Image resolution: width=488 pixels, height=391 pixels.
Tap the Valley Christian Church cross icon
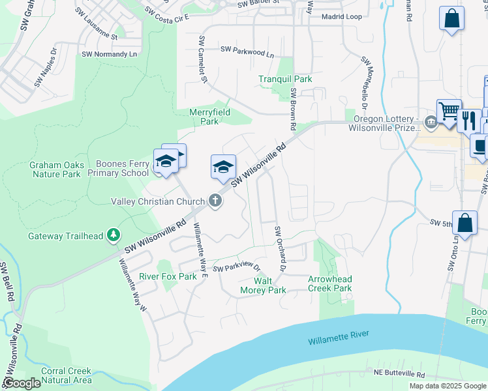click(x=216, y=202)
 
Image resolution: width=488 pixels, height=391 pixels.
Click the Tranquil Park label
click(x=285, y=79)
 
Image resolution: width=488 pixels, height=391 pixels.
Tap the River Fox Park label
click(x=168, y=276)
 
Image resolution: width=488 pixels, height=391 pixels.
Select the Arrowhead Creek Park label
click(x=329, y=283)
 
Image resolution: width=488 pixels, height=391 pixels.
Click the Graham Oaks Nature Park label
click(x=56, y=169)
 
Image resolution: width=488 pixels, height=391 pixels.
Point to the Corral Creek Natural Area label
click(x=66, y=375)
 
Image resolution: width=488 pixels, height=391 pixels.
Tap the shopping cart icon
click(x=449, y=111)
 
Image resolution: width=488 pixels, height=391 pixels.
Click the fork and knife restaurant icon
click(x=468, y=120)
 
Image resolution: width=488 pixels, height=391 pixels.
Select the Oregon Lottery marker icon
click(x=431, y=122)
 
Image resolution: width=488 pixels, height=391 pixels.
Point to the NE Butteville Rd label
click(x=399, y=375)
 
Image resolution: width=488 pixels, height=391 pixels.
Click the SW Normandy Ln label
click(x=110, y=54)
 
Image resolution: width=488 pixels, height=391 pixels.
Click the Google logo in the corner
click(x=22, y=383)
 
